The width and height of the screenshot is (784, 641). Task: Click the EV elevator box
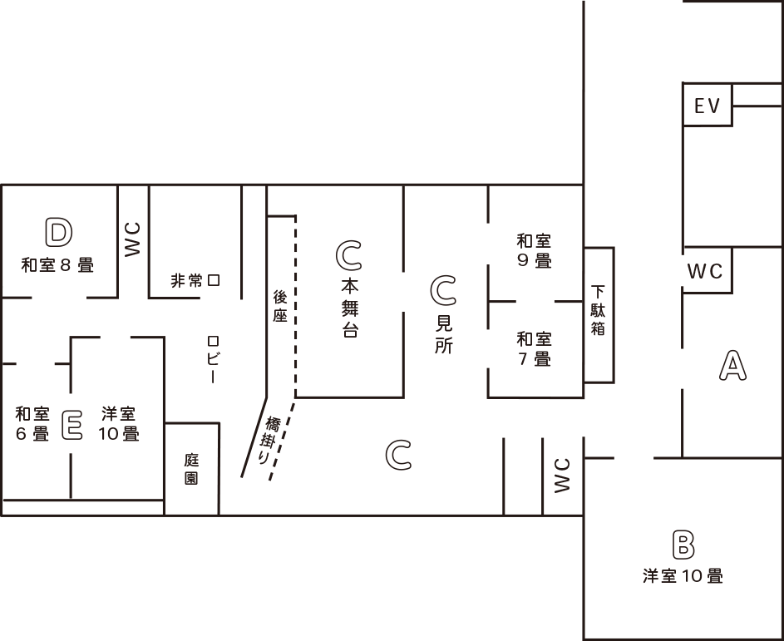(707, 106)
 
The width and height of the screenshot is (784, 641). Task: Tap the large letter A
(732, 366)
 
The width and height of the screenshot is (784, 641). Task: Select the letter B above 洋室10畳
(683, 545)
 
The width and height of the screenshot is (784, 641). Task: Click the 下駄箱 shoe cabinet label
(599, 311)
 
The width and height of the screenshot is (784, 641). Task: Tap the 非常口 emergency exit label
(195, 281)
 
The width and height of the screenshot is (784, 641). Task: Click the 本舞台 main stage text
(349, 308)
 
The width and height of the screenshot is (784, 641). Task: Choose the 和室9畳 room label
(534, 250)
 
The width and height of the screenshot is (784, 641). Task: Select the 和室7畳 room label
(534, 348)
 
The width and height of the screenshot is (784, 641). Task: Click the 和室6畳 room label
(32, 423)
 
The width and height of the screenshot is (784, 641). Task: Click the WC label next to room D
(133, 239)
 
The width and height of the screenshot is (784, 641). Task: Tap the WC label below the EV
(705, 272)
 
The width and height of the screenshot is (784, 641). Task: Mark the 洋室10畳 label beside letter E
(119, 423)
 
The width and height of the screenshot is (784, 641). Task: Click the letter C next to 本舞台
(349, 256)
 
